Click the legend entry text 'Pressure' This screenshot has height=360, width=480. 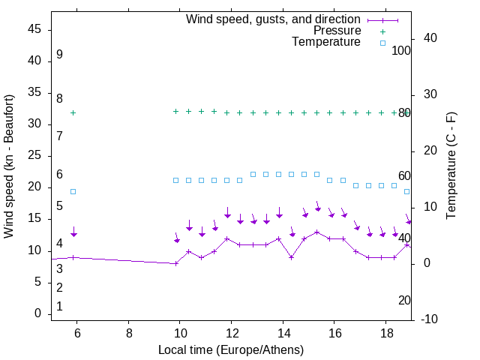click(x=337, y=31)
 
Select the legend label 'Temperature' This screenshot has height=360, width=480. click(x=326, y=42)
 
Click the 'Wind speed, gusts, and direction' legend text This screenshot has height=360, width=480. click(x=274, y=19)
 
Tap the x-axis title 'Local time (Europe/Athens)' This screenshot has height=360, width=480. click(x=231, y=349)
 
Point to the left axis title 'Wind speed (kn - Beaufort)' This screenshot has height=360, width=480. click(x=9, y=166)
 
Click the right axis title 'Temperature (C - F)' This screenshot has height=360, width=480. click(x=451, y=166)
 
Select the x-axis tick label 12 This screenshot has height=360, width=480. click(x=232, y=332)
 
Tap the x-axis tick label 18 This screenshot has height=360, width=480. click(x=385, y=332)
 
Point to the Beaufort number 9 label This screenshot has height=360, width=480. click(x=59, y=55)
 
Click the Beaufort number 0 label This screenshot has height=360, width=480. click(x=59, y=307)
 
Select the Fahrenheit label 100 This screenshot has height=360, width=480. click(x=401, y=50)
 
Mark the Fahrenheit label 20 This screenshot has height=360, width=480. click(x=404, y=300)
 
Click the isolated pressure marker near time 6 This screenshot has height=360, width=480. click(x=73, y=113)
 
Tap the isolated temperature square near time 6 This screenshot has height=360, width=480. click(x=73, y=191)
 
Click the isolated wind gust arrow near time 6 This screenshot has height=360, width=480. click(x=73, y=233)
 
